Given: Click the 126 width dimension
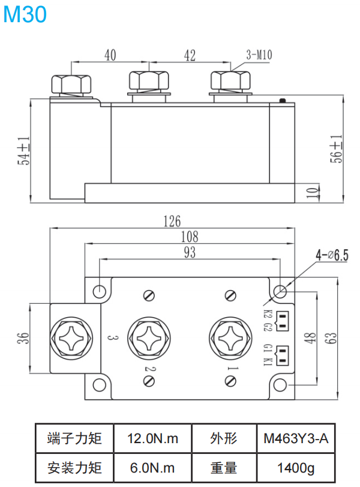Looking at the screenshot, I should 172,221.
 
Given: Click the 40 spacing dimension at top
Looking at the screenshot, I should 110,56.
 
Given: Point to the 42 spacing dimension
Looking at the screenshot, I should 190,56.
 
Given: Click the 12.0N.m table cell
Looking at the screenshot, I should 152,438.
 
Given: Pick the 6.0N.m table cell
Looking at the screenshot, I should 152,468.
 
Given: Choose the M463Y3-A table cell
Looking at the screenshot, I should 296,438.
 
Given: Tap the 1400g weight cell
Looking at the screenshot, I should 296,468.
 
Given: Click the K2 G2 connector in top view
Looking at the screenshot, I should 282,321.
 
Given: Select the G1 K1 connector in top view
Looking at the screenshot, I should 282,354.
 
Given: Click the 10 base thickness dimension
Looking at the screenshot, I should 310,193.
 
